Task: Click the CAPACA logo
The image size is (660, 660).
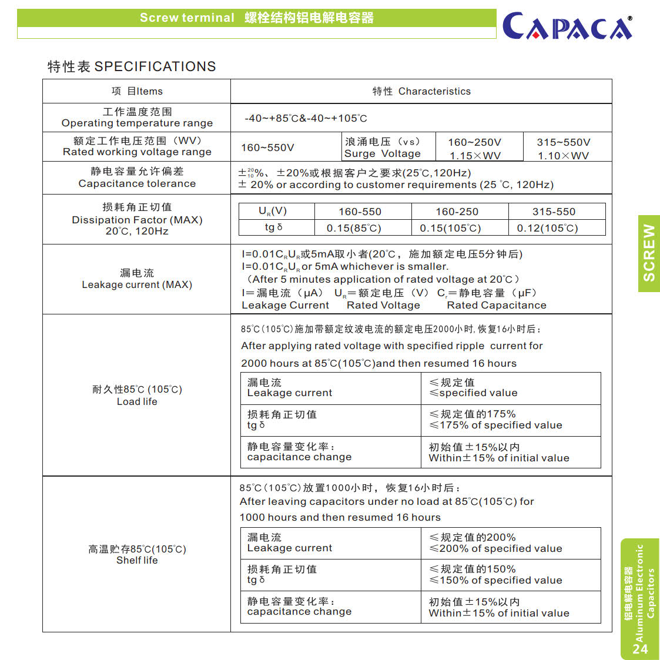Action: [x=567, y=26]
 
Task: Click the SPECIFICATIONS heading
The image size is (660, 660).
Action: [x=132, y=66]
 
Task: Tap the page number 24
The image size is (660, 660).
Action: [x=640, y=649]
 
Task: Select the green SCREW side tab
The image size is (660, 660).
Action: [x=649, y=253]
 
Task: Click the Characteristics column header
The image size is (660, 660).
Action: [x=421, y=91]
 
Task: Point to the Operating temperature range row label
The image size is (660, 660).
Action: [x=137, y=118]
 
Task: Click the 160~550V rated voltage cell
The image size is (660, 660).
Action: [x=267, y=148]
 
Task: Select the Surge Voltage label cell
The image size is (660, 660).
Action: [x=383, y=148]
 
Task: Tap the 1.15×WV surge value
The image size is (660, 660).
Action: [x=475, y=156]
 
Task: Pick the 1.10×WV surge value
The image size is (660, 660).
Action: [x=563, y=156]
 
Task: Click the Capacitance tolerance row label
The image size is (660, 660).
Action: [x=137, y=177]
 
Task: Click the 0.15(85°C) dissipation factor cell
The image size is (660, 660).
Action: [x=354, y=228]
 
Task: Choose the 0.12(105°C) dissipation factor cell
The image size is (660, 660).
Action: [x=547, y=228]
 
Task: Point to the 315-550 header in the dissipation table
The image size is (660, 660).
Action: [x=554, y=212]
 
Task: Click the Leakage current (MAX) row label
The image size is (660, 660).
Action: [x=137, y=279]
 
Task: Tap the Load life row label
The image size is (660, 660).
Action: [x=137, y=396]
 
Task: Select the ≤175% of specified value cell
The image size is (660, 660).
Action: [x=495, y=420]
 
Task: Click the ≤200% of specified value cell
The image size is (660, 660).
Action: [x=495, y=543]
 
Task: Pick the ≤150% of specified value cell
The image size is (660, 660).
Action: [x=495, y=575]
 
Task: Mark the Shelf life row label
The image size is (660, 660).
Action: [x=137, y=555]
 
